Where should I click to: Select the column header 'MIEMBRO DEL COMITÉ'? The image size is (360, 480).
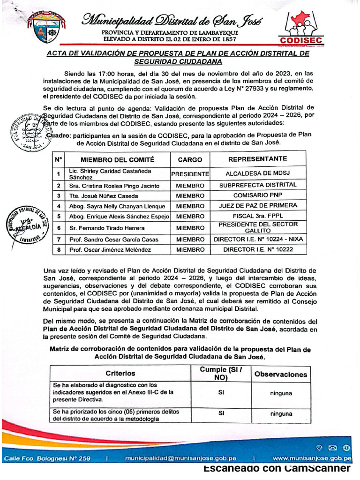click(x=118, y=159)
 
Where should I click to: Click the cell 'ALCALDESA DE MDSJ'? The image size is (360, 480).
click(x=257, y=174)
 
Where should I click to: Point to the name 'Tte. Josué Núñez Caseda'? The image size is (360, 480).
click(x=104, y=195)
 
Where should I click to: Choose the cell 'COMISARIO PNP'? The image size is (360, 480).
click(x=257, y=195)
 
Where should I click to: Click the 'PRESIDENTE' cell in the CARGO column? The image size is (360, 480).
click(x=190, y=174)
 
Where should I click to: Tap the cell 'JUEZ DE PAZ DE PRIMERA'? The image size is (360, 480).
click(x=257, y=206)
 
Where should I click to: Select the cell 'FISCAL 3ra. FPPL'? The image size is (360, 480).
click(x=257, y=217)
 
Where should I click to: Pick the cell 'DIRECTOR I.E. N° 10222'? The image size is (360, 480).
click(x=257, y=250)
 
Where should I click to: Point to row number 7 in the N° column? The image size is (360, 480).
click(x=59, y=240)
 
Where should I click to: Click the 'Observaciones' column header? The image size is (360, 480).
click(x=280, y=374)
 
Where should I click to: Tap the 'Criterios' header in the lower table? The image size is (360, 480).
click(x=120, y=374)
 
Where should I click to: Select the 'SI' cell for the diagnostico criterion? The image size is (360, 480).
click(x=221, y=393)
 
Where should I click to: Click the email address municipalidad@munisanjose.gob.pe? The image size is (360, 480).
click(x=180, y=458)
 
